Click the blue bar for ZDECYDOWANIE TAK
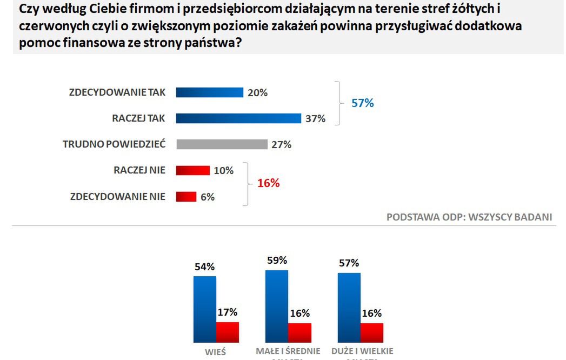210,92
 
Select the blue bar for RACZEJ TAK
238,118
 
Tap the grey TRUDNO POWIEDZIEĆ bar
222,144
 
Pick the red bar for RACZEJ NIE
192,170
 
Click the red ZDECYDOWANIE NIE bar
186,197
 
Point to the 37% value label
315,118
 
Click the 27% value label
281,144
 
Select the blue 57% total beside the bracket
363,103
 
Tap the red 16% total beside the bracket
268,183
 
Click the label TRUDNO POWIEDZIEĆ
114,144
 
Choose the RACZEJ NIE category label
139,170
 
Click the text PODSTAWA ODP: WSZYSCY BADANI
469,217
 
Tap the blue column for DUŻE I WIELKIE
349,308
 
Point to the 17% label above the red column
227,312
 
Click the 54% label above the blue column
205,266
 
